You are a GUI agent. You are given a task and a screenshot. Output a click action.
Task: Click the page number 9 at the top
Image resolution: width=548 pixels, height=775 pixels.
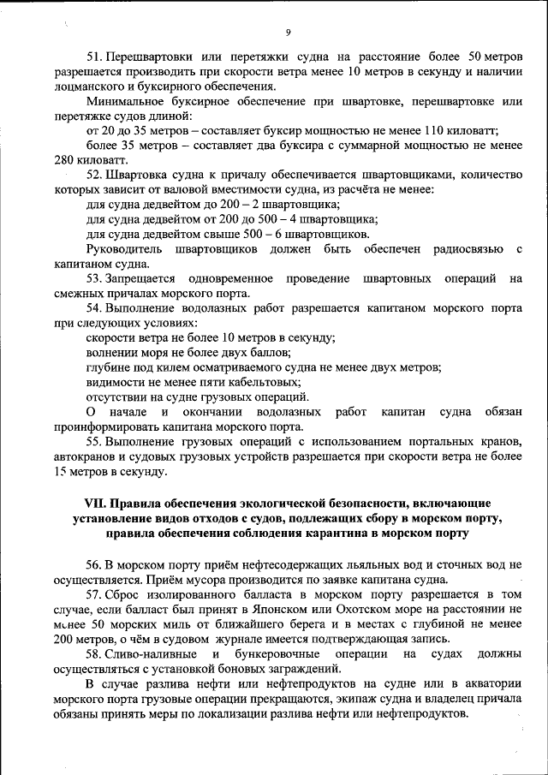(x=289, y=33)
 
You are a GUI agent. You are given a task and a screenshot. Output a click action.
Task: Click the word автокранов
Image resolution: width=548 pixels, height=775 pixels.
(x=82, y=456)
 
